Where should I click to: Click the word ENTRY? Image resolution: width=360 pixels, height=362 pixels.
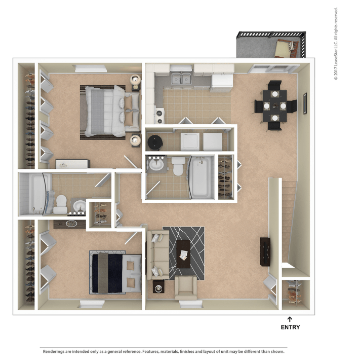[290, 328]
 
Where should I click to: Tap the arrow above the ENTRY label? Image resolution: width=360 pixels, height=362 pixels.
[290, 319]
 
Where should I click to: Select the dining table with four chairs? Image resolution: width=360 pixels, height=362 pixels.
[274, 106]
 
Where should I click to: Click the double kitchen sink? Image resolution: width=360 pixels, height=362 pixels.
[181, 79]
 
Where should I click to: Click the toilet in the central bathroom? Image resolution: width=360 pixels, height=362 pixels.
[178, 166]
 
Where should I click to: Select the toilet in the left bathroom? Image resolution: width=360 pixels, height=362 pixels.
[60, 204]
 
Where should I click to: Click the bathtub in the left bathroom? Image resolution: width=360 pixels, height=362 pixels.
[36, 194]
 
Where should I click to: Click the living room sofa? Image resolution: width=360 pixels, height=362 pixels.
[157, 255]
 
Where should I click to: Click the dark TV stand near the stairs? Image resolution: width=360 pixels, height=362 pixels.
[265, 251]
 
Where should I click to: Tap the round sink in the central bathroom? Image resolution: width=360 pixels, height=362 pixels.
[154, 165]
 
